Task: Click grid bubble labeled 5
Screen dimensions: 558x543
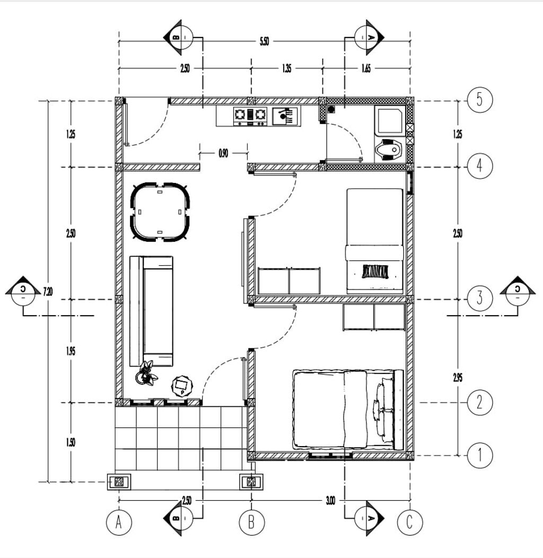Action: (x=479, y=100)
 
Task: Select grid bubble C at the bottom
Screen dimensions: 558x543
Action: (x=410, y=523)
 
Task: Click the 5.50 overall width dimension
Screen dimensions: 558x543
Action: (x=264, y=42)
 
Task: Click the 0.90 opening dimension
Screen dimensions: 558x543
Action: (x=223, y=154)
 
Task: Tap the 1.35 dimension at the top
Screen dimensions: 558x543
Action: (x=286, y=69)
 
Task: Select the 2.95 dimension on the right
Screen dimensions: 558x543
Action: (x=457, y=378)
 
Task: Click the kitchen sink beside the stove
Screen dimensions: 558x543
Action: (x=286, y=116)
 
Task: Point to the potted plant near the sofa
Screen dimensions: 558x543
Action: (x=146, y=373)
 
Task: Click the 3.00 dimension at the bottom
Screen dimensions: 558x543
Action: (x=330, y=500)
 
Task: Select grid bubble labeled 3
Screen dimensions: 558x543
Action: (x=479, y=298)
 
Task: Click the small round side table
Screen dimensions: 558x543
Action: (x=182, y=386)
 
